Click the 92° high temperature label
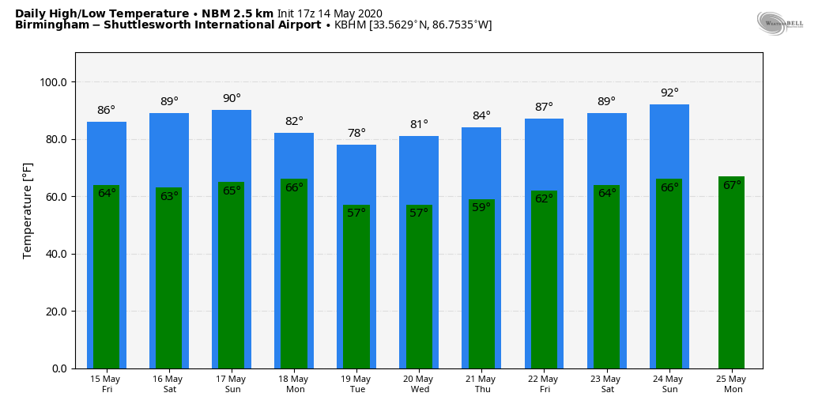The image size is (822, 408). tap(669, 93)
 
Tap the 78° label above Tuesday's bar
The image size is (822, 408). tap(356, 134)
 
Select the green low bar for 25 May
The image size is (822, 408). tap(731, 277)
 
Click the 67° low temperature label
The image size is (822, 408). tap(732, 186)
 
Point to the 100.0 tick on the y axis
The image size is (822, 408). tap(53, 82)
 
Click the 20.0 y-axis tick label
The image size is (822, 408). tap(55, 312)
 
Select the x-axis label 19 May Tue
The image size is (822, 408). tap(356, 384)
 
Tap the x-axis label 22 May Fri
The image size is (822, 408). tap(544, 384)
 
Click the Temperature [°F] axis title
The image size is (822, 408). tap(28, 210)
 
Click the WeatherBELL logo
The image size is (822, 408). tap(779, 24)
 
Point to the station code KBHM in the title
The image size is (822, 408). tap(350, 25)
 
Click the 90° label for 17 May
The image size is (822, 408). tap(232, 99)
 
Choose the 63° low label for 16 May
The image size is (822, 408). tap(169, 197)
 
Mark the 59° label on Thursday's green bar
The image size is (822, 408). tap(481, 208)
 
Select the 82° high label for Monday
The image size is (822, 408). tap(294, 122)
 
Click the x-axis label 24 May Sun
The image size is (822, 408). tap(669, 384)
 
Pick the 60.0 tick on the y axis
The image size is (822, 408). tap(55, 197)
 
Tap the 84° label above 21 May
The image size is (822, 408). tap(481, 116)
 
